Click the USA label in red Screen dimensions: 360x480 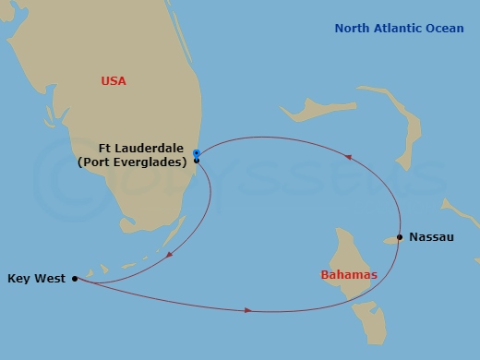point(114,81)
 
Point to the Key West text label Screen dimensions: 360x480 point(35,277)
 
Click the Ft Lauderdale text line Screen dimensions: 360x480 point(144,148)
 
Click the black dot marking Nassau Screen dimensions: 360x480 point(399,237)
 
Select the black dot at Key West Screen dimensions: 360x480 point(75,277)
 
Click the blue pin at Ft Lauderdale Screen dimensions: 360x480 point(197,153)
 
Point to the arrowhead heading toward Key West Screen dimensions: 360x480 point(167,252)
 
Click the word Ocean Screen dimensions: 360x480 point(444,29)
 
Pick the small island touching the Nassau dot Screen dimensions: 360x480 point(389,240)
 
